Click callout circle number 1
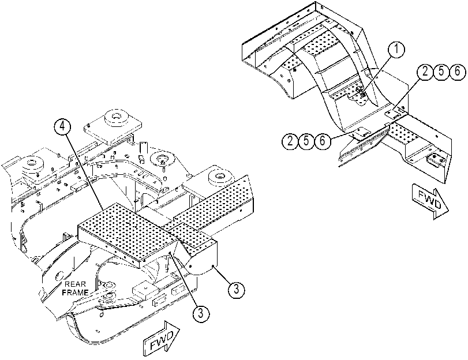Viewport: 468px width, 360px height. [396, 50]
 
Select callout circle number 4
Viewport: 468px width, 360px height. [62, 126]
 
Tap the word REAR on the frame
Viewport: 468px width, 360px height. [75, 284]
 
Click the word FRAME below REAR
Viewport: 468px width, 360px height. [75, 292]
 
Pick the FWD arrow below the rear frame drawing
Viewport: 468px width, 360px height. [162, 339]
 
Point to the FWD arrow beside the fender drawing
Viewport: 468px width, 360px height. [430, 201]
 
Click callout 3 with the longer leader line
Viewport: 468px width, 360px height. [201, 313]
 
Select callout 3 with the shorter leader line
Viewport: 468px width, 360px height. [236, 289]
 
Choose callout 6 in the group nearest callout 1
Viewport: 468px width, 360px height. [457, 72]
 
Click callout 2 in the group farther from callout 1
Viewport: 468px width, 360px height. [290, 141]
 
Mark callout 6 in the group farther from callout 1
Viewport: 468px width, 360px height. [323, 141]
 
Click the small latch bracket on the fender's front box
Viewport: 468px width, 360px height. [435, 160]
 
